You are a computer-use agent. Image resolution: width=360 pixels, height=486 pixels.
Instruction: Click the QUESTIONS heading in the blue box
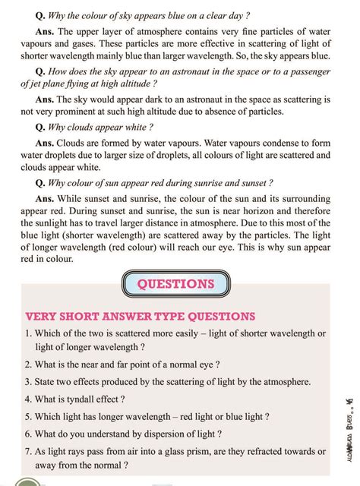(x=175, y=283)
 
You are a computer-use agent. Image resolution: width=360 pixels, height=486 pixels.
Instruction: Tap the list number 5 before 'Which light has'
(x=27, y=416)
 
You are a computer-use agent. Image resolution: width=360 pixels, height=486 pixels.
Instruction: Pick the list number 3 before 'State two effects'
(x=27, y=381)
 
